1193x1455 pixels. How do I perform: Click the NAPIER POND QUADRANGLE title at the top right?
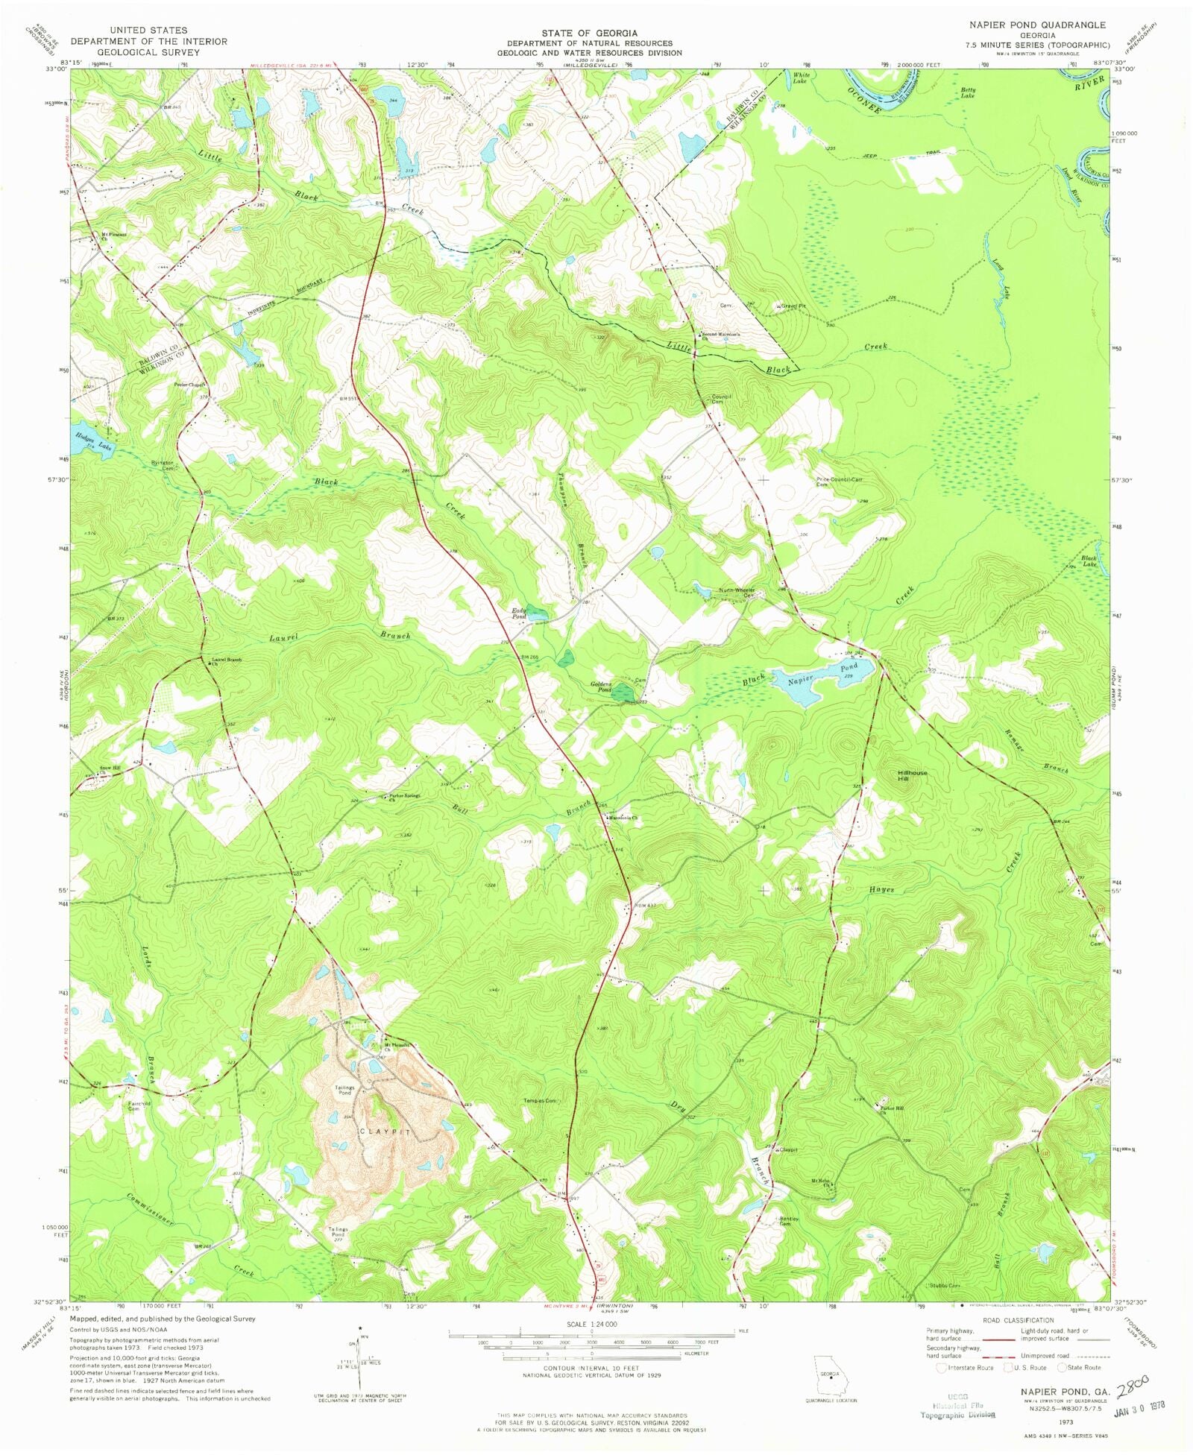tap(1037, 25)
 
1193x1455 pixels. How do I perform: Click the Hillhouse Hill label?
tap(913, 776)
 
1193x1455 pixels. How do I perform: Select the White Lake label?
tap(800, 78)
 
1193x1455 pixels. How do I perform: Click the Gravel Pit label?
tap(793, 306)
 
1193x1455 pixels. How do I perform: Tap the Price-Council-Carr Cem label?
tap(839, 482)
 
